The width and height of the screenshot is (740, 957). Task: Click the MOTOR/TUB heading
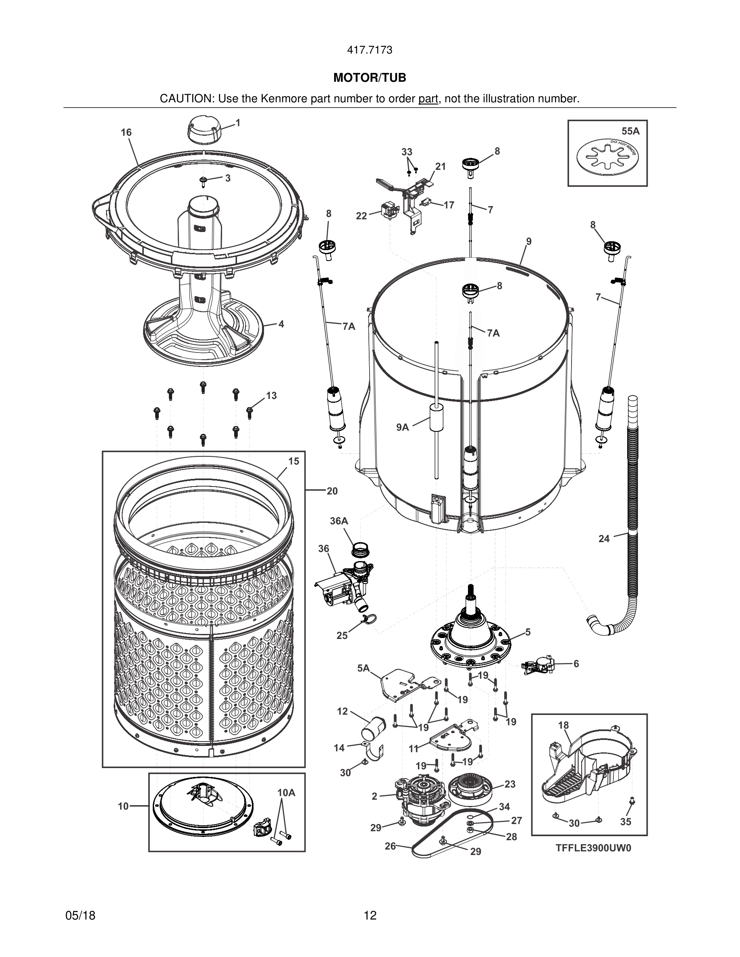point(370,78)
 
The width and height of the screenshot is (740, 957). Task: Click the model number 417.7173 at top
point(370,50)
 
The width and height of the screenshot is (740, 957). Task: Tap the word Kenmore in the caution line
point(284,99)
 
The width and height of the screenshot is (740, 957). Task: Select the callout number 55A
point(630,131)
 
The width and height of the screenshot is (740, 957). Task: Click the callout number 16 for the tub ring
point(126,133)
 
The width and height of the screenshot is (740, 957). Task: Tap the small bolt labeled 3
point(204,180)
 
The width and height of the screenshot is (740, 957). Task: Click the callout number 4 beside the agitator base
point(281,324)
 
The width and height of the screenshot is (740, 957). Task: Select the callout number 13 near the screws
point(271,396)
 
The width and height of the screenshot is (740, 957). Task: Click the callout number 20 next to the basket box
point(332,491)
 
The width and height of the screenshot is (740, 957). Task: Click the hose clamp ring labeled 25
point(367,619)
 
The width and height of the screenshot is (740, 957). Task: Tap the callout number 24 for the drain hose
point(604,539)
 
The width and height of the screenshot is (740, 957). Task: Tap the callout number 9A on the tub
point(402,427)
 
